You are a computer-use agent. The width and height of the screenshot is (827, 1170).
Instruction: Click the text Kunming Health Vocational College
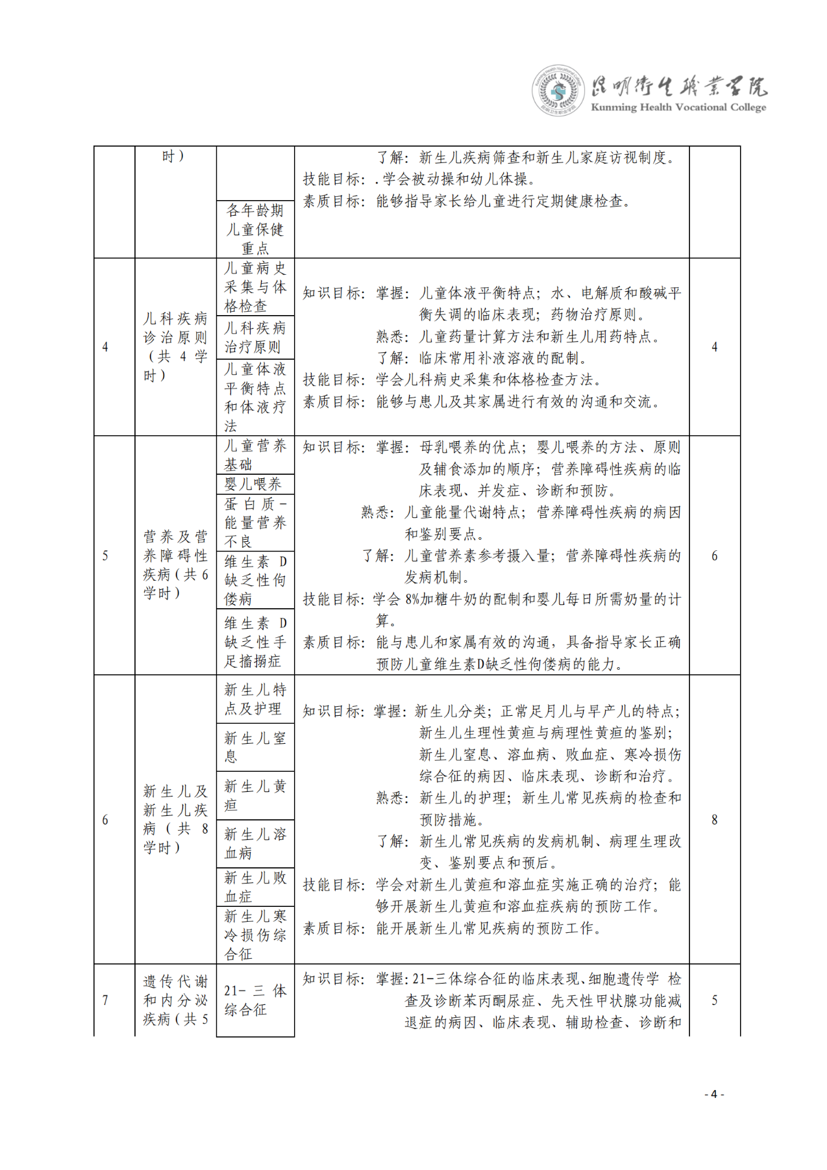pyautogui.click(x=678, y=107)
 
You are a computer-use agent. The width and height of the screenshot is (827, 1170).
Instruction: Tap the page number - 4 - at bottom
pyautogui.click(x=714, y=1094)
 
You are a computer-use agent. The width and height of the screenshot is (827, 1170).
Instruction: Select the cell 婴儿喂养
pyautogui.click(x=254, y=484)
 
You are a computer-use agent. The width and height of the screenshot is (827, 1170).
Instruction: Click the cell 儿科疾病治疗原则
pyautogui.click(x=254, y=337)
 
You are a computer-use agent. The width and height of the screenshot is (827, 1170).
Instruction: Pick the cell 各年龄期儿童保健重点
pyautogui.click(x=254, y=229)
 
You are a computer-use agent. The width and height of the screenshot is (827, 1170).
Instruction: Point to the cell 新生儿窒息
pyautogui.click(x=254, y=747)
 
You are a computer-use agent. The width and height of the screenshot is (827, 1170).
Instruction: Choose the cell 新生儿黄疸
pyautogui.click(x=254, y=796)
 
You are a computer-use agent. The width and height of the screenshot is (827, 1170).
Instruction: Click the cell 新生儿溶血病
pyautogui.click(x=254, y=843)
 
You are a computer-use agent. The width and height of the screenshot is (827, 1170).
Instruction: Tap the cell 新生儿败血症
pyautogui.click(x=254, y=887)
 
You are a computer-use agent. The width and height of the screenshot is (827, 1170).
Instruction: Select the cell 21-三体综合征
pyautogui.click(x=254, y=1000)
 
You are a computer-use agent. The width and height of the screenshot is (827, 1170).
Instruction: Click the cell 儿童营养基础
pyautogui.click(x=254, y=455)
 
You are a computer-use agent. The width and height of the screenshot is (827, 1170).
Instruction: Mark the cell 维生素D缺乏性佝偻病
pyautogui.click(x=254, y=580)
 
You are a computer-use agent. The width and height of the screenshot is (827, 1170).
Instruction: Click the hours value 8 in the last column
pyautogui.click(x=714, y=820)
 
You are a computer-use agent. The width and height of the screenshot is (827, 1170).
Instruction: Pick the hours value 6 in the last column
pyautogui.click(x=714, y=556)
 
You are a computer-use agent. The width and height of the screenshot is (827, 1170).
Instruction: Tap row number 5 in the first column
pyautogui.click(x=105, y=556)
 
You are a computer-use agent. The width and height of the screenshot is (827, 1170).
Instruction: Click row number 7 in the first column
pyautogui.click(x=105, y=1000)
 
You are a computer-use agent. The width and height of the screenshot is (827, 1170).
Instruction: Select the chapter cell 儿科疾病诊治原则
pyautogui.click(x=175, y=347)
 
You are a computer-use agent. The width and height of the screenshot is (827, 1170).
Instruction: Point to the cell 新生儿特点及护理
pyautogui.click(x=254, y=699)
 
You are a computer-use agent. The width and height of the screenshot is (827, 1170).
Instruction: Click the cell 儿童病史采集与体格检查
pyautogui.click(x=254, y=286)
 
